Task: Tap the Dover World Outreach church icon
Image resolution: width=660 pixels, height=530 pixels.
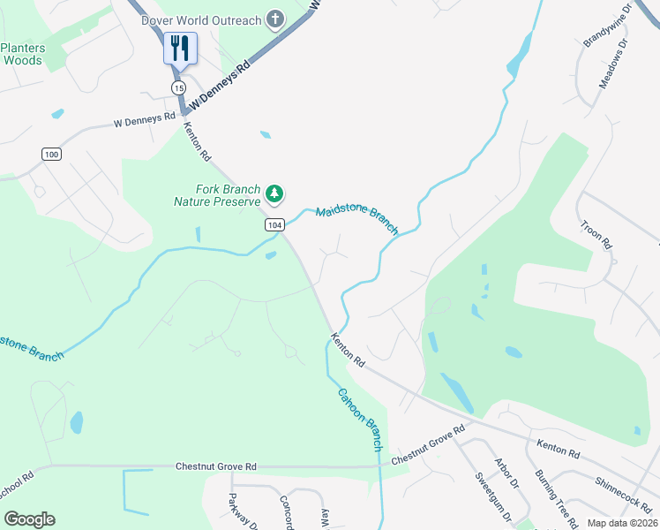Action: pyautogui.click(x=275, y=19)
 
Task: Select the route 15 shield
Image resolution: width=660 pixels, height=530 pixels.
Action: pyautogui.click(x=179, y=88)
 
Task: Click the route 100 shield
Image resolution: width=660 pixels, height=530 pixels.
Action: pyautogui.click(x=51, y=155)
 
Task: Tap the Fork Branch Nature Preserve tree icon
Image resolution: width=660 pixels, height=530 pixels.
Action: pyautogui.click(x=275, y=193)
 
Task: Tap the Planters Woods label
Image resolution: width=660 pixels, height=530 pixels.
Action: pyautogui.click(x=22, y=54)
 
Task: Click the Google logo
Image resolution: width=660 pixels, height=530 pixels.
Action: pyautogui.click(x=30, y=519)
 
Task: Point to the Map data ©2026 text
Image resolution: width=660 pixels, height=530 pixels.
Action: pyautogui.click(x=621, y=523)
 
